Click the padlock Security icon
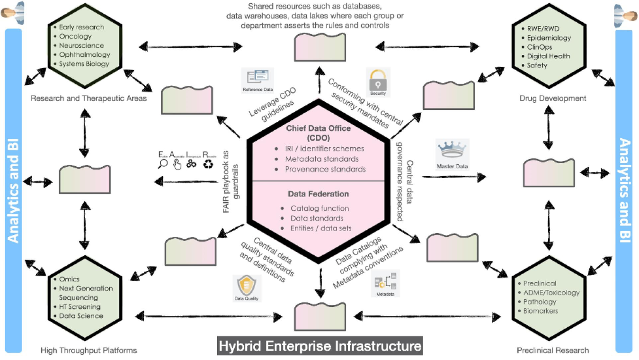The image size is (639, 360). (x=378, y=79)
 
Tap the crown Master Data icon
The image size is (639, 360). (x=452, y=151)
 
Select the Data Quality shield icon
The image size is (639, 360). (x=247, y=286)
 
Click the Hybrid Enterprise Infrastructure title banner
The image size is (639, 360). (x=320, y=346)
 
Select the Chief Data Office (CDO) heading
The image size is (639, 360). (x=319, y=133)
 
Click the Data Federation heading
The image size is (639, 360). (x=318, y=194)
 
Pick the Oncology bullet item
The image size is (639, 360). (x=75, y=36)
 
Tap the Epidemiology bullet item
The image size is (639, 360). (x=549, y=38)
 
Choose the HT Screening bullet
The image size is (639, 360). (x=80, y=307)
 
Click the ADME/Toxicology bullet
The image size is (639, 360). (x=551, y=293)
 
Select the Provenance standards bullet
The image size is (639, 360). (x=325, y=169)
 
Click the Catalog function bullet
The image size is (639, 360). (x=319, y=208)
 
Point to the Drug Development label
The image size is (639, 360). (x=552, y=99)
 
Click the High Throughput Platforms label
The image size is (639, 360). (x=89, y=351)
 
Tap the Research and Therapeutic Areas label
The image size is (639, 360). (x=89, y=99)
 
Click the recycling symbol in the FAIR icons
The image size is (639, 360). (x=208, y=164)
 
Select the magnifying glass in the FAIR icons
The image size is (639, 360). (x=162, y=164)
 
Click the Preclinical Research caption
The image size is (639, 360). (x=553, y=351)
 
